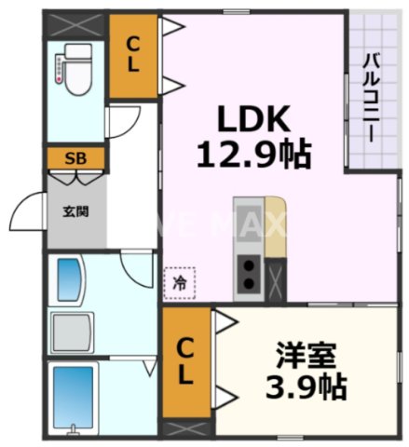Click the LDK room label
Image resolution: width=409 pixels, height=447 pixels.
254,118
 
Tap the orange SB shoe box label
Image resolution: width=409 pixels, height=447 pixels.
76,157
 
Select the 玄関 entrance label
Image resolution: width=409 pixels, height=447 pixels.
75,211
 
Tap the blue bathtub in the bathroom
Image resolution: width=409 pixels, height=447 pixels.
73,395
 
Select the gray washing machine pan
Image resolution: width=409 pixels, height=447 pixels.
73,331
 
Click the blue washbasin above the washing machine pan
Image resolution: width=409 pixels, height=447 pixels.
71,278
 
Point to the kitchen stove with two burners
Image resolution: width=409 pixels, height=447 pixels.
250,272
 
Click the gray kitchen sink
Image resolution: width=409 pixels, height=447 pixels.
249,216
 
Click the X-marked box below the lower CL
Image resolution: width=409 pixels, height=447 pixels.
186,430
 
